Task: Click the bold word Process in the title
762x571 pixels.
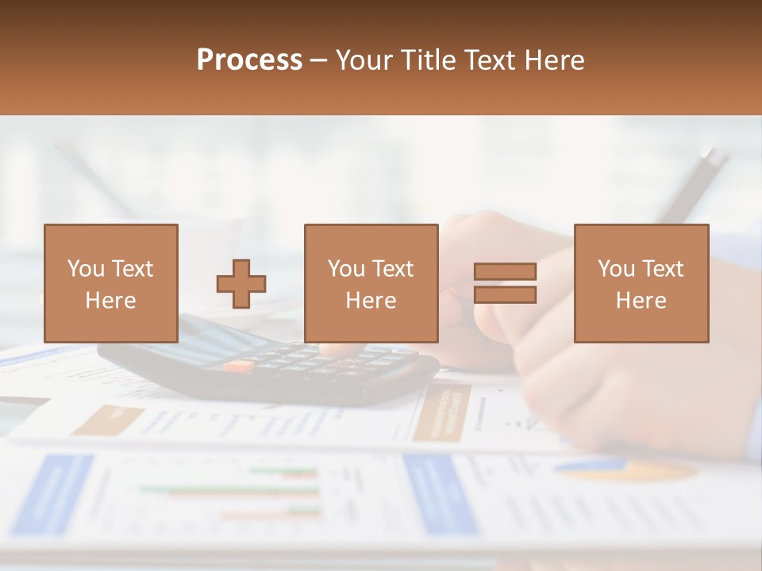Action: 249,60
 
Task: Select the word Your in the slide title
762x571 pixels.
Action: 364,60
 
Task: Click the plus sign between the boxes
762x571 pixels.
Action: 241,284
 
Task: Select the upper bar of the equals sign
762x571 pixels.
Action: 505,271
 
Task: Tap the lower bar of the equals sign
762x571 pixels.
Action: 505,295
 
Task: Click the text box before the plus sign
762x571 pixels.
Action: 111,283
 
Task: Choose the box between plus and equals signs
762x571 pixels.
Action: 371,283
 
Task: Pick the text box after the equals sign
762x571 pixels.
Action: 641,283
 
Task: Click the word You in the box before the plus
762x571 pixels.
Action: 86,269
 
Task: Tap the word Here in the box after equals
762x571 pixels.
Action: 641,301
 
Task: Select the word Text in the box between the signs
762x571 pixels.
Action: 393,269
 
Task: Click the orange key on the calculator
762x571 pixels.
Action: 237,366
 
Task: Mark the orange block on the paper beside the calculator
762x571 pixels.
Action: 441,412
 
